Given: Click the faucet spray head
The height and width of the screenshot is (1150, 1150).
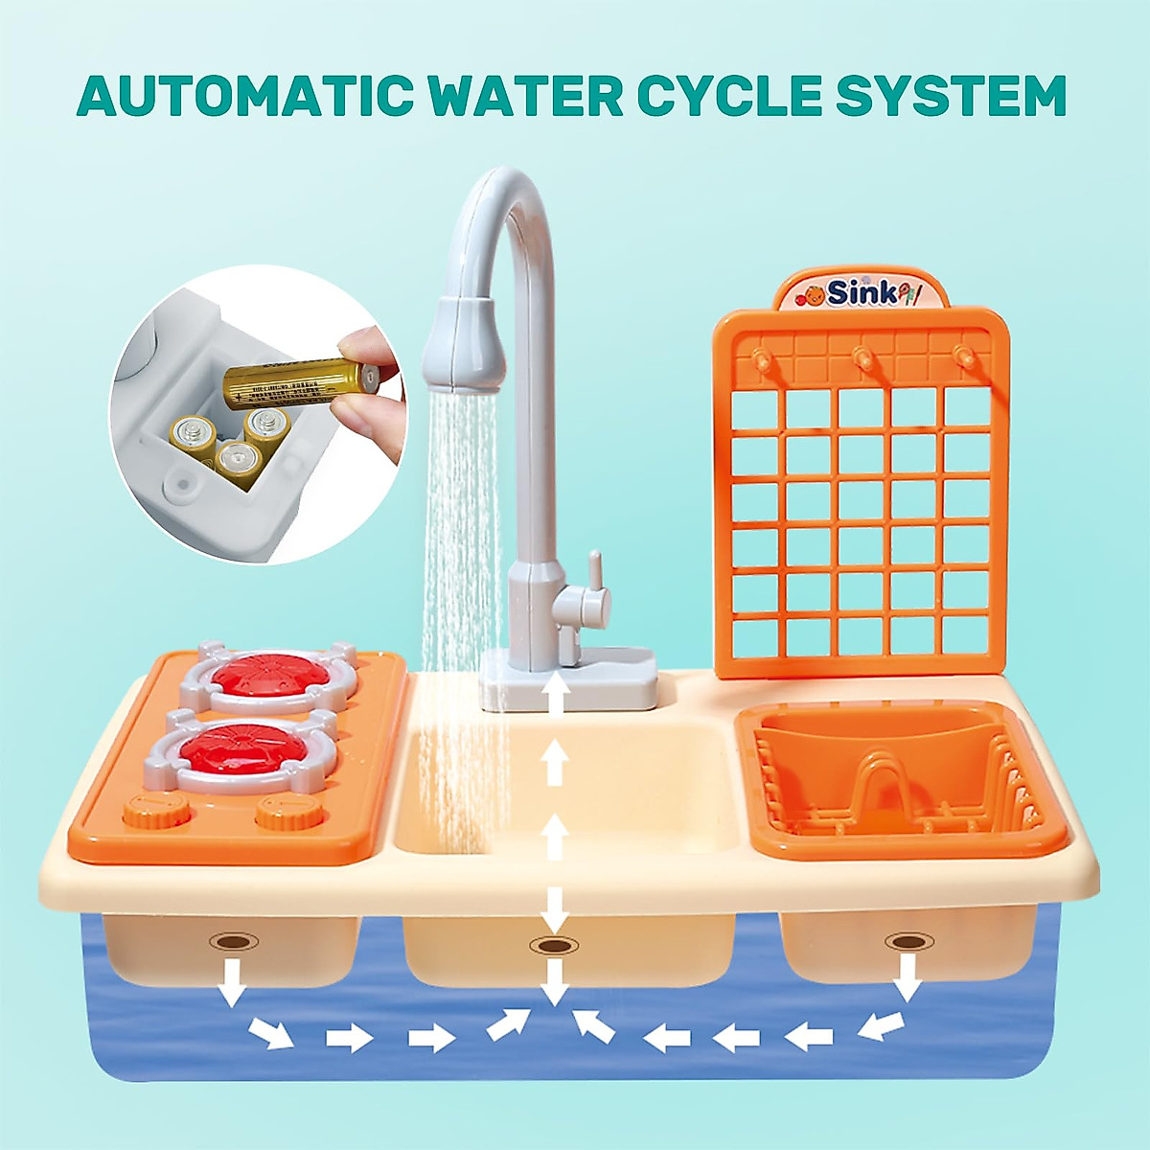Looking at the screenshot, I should pyautogui.click(x=462, y=345).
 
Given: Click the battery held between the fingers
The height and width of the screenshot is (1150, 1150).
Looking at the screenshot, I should pyautogui.click(x=292, y=379).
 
